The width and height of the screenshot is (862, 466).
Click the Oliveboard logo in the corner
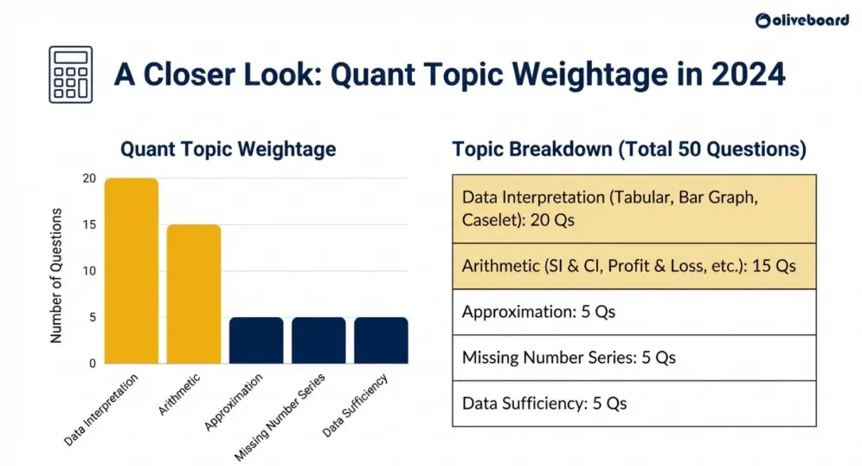point(801,21)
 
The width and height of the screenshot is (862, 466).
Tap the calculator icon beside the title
point(71,75)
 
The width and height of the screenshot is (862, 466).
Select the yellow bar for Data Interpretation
point(132,271)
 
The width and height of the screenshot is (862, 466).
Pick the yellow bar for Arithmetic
point(194,294)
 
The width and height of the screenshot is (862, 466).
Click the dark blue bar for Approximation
point(256,340)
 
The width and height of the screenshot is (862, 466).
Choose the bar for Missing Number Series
point(318,340)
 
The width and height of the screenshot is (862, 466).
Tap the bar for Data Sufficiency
point(381,340)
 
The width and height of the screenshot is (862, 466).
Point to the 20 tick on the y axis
point(88,178)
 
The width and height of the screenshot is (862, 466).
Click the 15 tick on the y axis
point(88,225)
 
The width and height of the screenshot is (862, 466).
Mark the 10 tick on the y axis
point(88,271)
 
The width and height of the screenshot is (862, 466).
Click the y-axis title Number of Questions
point(56,275)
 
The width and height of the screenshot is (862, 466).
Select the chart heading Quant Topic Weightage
point(228,149)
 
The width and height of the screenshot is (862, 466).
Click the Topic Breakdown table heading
point(629,149)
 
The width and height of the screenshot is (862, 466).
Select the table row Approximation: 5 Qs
point(634,312)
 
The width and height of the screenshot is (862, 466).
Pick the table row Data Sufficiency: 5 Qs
point(634,404)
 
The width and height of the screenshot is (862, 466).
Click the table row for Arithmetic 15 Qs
point(634,266)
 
